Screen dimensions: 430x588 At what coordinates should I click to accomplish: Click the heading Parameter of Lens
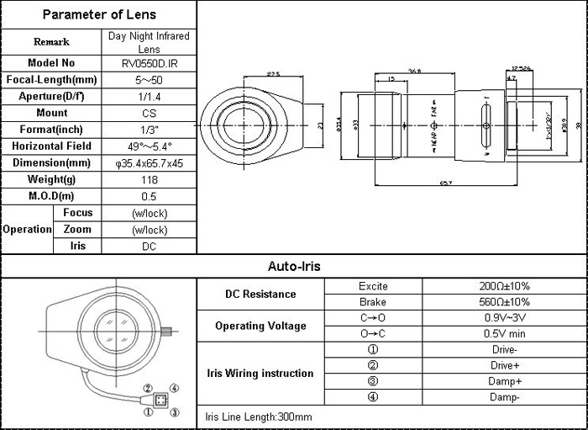tap(99, 14)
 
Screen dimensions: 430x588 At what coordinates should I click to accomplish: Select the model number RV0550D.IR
tap(150, 63)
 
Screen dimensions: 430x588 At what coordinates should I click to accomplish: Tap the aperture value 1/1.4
tap(150, 96)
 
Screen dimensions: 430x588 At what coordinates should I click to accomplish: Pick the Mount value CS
tap(150, 113)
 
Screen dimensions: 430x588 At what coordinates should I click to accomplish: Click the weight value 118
tap(150, 179)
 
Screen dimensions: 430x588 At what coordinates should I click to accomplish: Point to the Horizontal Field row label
tap(51, 146)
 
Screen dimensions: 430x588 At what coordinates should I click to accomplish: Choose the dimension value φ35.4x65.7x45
tap(150, 162)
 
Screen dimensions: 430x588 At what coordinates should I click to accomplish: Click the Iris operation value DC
tap(150, 247)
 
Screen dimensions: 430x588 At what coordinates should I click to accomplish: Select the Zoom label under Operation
tap(77, 230)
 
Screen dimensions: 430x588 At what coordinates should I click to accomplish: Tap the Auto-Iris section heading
tap(294, 267)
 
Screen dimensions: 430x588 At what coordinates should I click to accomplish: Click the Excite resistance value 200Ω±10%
tap(503, 286)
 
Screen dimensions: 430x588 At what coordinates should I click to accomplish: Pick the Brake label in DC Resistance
tap(372, 302)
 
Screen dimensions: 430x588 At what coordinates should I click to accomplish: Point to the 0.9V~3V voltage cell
tap(503, 318)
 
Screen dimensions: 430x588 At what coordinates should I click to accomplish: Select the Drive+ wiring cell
tap(503, 366)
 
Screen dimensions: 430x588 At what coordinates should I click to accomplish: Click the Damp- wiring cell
tap(503, 397)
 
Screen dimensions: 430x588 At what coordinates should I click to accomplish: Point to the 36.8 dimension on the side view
tap(414, 70)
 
